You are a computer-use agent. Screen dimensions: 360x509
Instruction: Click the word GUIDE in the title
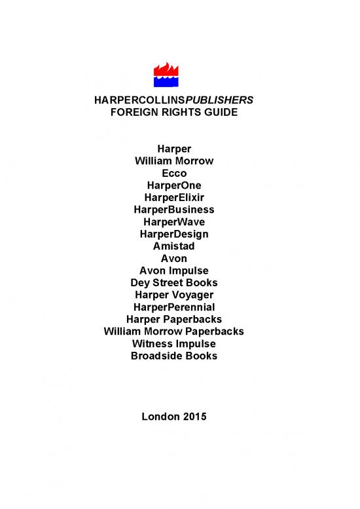(219, 112)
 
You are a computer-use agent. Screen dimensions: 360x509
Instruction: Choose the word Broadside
(157, 356)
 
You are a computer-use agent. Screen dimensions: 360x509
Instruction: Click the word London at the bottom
(160, 416)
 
